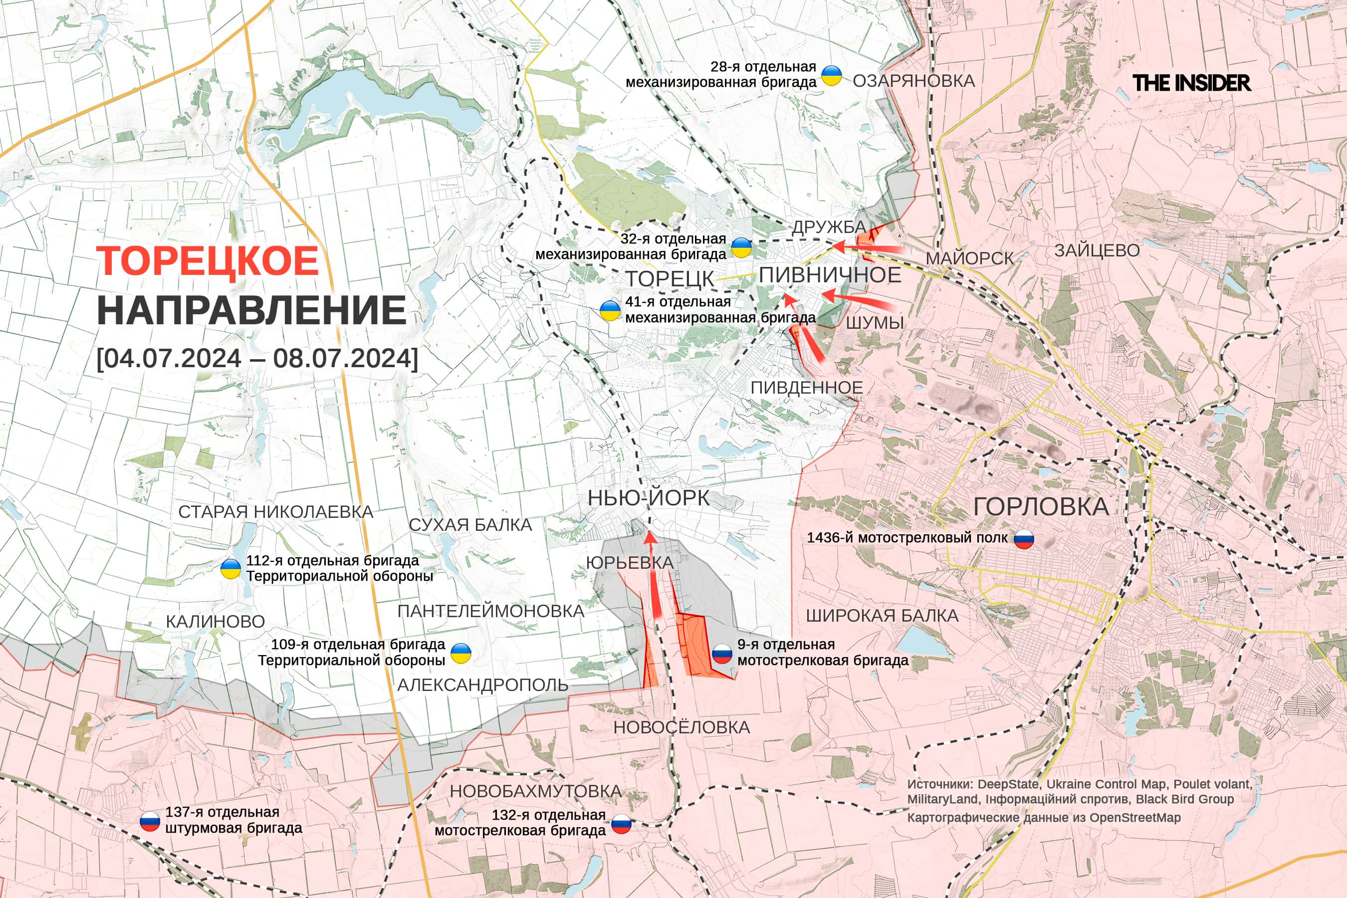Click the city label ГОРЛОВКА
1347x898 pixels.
coord(1041,507)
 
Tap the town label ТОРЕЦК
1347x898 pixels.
coord(670,279)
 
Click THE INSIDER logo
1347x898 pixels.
coord(1191,83)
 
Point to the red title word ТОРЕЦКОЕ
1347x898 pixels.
coord(208,261)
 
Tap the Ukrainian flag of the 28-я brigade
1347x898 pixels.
coord(832,75)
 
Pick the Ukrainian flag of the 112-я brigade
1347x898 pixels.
coord(230,569)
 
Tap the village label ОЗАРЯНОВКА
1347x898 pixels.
coord(913,81)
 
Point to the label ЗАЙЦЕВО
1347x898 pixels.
coord(1097,250)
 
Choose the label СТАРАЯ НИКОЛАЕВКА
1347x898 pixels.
coord(275,511)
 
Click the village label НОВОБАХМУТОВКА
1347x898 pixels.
coord(535,791)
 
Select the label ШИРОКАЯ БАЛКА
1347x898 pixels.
coord(882,616)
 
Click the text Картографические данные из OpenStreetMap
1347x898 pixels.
coord(1044,818)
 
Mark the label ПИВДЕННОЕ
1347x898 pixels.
coord(806,388)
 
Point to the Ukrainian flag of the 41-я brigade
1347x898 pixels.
coord(610,310)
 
